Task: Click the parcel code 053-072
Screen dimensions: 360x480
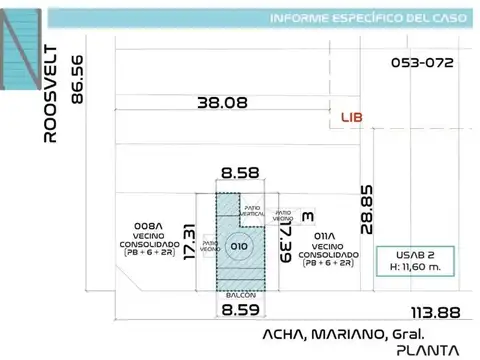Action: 422,62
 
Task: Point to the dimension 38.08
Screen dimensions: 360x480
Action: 222,101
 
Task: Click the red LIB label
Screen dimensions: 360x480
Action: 351,117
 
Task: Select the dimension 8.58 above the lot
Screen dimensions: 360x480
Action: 241,173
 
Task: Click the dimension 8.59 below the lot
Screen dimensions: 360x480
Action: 240,310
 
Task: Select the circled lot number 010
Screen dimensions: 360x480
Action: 239,245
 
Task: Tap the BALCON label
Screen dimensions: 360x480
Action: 240,295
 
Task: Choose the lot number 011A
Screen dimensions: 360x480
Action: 326,234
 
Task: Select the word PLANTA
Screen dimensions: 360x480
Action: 427,350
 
